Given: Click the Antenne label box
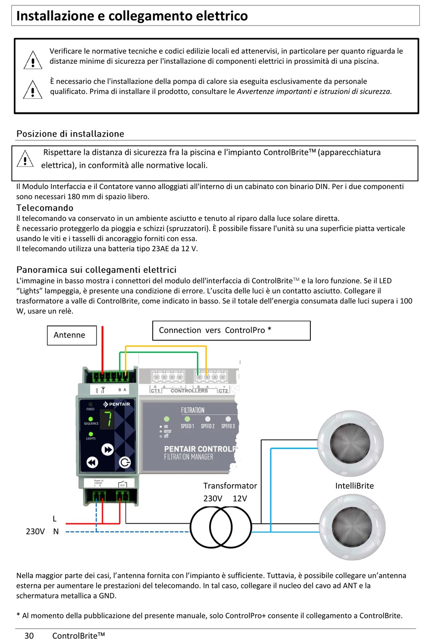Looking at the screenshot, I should click(x=72, y=335).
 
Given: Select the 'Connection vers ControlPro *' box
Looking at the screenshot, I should click(x=231, y=331).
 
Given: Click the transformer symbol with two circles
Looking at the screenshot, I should click(x=221, y=527).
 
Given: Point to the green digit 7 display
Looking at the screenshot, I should click(x=108, y=419).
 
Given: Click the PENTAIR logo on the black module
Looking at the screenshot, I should click(x=117, y=404).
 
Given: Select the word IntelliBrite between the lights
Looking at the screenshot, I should click(x=354, y=486).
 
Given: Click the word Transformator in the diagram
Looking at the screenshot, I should click(x=230, y=486).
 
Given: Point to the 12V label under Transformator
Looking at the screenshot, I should click(x=240, y=498).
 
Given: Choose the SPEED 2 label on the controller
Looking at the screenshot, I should click(x=207, y=426).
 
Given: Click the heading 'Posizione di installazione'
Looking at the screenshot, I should click(x=70, y=134).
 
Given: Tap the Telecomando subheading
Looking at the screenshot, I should click(x=45, y=208).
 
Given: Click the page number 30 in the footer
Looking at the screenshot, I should click(x=29, y=635).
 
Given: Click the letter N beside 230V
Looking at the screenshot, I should click(x=56, y=532).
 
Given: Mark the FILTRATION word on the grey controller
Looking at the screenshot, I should click(x=192, y=410).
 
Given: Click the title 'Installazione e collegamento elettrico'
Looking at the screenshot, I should click(x=132, y=16).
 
